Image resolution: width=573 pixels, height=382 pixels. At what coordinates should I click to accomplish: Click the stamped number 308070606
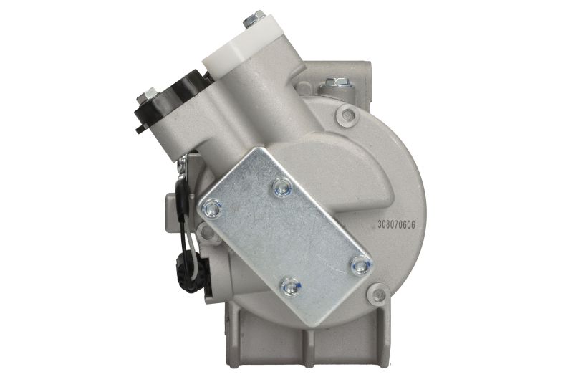click(x=397, y=225)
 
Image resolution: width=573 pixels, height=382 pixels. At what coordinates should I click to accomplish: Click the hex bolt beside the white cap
click(x=254, y=19)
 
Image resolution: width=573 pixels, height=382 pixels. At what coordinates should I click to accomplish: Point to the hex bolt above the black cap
click(x=147, y=96)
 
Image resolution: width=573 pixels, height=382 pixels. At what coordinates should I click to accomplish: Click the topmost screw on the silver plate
click(x=281, y=187)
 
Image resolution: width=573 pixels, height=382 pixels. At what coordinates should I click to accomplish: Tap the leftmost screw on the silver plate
click(x=212, y=209)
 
